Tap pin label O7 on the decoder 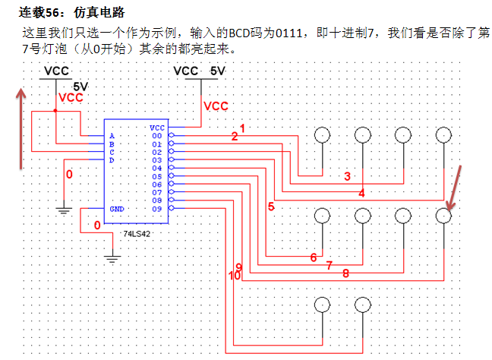(x=156, y=192)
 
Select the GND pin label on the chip (x=117, y=209)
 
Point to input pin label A (x=112, y=136)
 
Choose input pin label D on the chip (x=112, y=160)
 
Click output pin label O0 (x=156, y=136)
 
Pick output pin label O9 (x=156, y=209)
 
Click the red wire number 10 (x=234, y=276)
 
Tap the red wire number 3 (x=347, y=177)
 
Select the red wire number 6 (x=313, y=257)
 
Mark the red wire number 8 (x=345, y=273)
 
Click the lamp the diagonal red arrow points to (x=444, y=216)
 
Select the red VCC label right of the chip (x=216, y=106)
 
